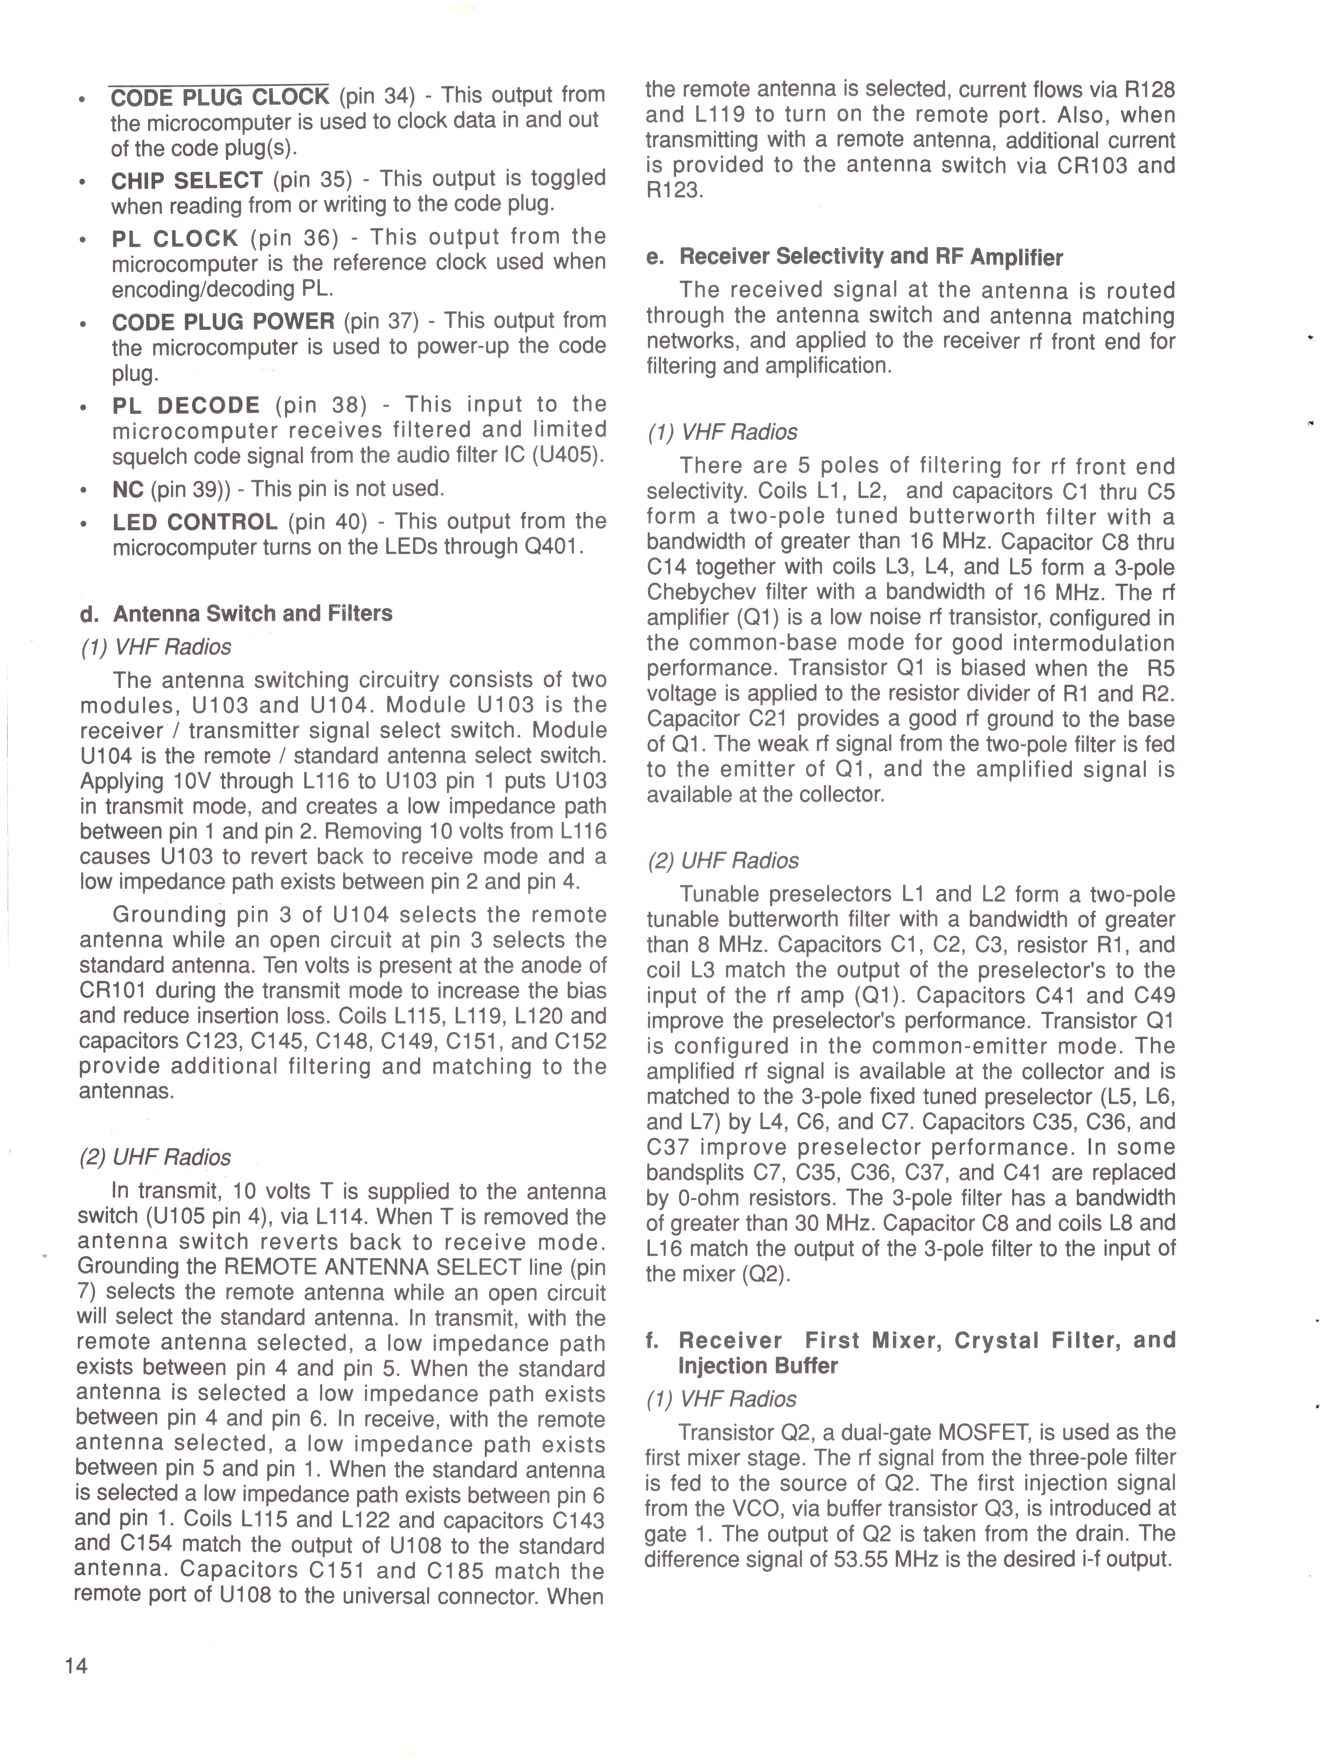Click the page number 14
tap(77, 1665)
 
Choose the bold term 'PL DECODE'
tap(186, 405)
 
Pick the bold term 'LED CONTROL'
tap(195, 522)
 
